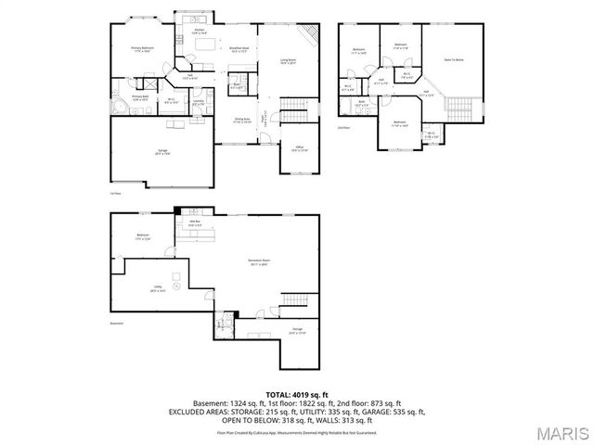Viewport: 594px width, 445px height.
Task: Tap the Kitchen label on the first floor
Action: coord(200,32)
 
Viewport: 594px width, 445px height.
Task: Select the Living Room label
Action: coord(289,62)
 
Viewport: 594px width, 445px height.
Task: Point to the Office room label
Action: coord(300,147)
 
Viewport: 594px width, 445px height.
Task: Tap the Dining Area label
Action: coord(242,120)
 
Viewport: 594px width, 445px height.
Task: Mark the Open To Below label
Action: coord(453,60)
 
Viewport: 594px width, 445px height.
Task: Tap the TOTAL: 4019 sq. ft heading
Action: coord(296,394)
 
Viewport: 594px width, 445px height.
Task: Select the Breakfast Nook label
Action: coord(237,51)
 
